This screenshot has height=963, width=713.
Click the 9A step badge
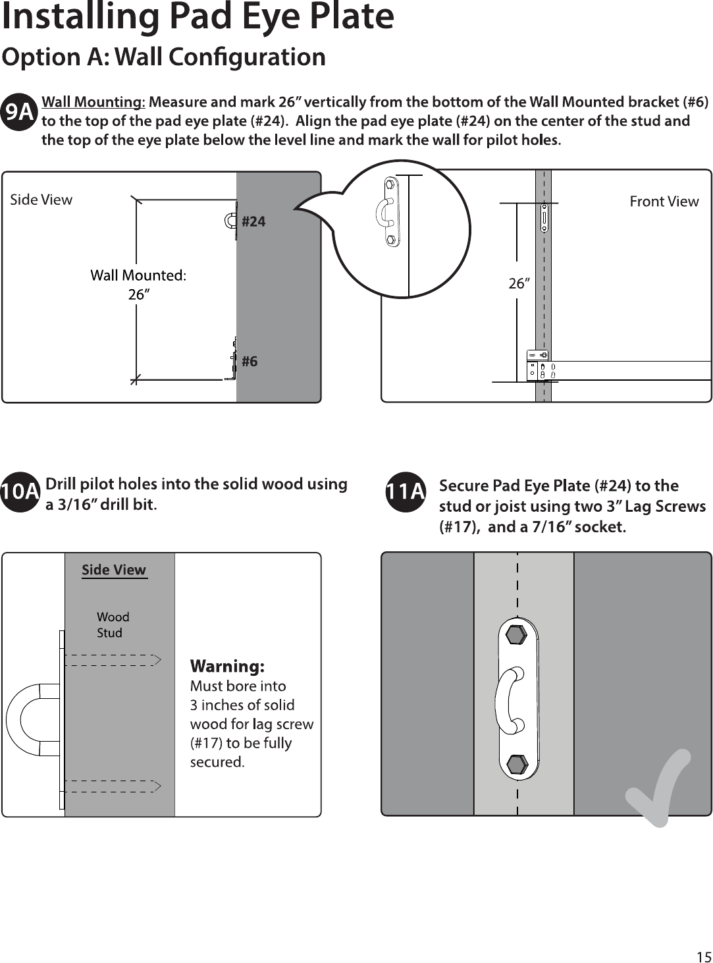coord(20,111)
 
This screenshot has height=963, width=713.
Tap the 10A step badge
coord(20,492)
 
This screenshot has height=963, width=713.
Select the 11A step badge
coord(405,491)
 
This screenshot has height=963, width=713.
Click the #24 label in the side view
coord(253,222)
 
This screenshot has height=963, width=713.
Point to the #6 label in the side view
coord(250,361)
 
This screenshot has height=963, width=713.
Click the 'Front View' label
coord(664,202)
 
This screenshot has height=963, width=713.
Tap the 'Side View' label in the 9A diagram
coord(41,200)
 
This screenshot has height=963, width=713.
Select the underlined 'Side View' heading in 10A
coord(114,570)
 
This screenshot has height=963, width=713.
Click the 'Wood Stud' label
coord(113,625)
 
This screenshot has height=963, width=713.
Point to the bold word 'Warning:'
coord(227,666)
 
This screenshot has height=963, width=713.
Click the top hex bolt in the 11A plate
coord(516,636)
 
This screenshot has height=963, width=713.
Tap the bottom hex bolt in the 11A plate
coord(517,765)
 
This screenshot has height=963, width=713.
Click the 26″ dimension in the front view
coord(519,283)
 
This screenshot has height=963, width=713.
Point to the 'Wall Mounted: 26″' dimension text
coord(138,285)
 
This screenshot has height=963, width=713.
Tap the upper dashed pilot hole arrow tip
coord(161,660)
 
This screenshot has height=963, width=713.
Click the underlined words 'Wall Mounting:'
coord(93,102)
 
